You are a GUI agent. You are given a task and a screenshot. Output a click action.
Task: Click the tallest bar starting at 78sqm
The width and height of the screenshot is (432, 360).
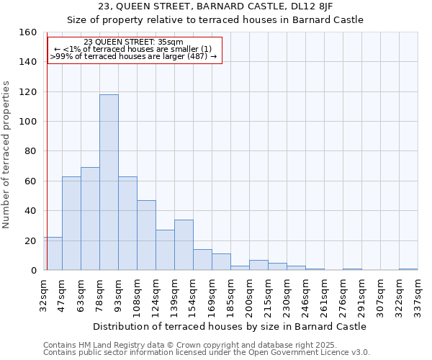109,182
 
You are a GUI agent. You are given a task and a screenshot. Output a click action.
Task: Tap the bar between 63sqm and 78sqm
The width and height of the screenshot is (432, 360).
90,219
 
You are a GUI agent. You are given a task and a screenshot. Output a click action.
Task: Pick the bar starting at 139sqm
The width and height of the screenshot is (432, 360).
184,245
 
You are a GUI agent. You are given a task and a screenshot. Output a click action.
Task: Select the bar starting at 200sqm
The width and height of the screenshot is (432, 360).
258,265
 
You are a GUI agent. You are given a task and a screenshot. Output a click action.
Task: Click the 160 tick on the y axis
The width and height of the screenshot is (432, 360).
28,32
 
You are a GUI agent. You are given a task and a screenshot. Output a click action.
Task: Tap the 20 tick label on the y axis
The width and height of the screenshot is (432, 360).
31,240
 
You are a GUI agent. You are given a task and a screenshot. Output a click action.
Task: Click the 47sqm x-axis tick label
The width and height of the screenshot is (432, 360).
63,294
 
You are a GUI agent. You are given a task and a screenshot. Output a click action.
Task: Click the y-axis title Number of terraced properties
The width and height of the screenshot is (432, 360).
7,154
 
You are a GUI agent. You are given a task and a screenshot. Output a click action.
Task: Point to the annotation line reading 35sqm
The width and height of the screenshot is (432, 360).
134,42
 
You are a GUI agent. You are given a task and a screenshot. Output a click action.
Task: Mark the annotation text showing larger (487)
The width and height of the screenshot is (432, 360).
134,56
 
